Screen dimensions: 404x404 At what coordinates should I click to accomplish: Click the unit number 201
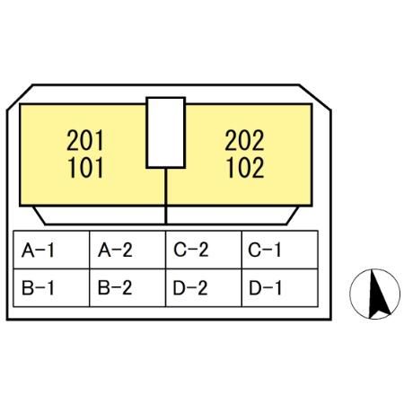(85, 140)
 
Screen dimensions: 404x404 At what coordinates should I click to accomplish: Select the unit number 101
(85, 168)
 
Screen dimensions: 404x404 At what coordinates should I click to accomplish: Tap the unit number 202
(244, 140)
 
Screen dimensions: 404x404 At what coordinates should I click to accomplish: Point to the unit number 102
(245, 168)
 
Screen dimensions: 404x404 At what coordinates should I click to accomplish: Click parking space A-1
(51, 250)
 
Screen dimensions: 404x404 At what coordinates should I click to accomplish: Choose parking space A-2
(127, 250)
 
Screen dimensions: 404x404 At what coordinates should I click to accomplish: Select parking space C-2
(204, 250)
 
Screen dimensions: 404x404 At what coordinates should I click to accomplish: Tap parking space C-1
(280, 250)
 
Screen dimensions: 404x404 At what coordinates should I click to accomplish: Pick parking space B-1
(51, 287)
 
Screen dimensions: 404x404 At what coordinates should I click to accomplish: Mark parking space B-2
(127, 287)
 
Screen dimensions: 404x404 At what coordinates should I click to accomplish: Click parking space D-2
(204, 287)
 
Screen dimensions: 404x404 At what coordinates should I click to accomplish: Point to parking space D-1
(280, 287)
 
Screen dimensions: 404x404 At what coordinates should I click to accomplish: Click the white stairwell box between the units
(166, 133)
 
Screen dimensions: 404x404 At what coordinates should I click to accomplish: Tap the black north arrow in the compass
(378, 294)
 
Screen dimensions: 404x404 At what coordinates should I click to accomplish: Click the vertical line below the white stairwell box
(166, 196)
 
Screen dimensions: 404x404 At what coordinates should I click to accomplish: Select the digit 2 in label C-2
(203, 250)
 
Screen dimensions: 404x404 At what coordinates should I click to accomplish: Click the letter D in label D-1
(255, 288)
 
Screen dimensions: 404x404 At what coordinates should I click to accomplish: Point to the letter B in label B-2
(103, 288)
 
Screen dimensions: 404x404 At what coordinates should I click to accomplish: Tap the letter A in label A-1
(28, 250)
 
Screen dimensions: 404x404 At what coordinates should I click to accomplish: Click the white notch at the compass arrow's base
(380, 315)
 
